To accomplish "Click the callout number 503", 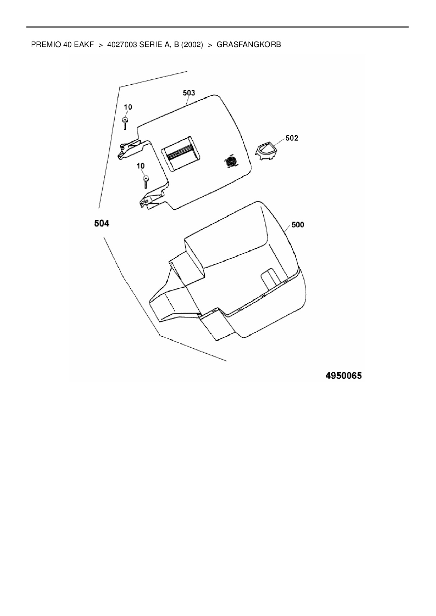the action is point(189,93).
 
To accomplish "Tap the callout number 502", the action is point(291,138).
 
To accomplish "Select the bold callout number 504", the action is point(102,223).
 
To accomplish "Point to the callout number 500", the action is point(297,224).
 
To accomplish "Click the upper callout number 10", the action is point(128,107).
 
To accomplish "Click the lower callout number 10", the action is point(141,166).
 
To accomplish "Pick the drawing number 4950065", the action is point(344,376).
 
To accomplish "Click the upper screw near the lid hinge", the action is point(125,124).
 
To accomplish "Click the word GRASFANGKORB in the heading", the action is point(249,45).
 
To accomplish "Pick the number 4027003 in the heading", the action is point(122,45).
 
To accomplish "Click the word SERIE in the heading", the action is point(149,45).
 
